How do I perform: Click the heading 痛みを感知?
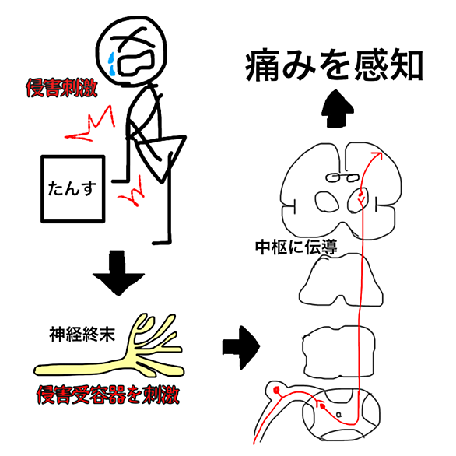click(335, 66)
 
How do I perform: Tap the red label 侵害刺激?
click(61, 88)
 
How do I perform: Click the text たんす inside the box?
click(72, 188)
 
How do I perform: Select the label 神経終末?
click(82, 335)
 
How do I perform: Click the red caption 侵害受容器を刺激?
click(108, 395)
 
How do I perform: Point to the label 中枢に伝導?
click(296, 247)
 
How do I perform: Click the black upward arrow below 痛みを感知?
click(338, 108)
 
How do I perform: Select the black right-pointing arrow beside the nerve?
click(241, 348)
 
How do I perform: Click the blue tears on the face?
click(111, 62)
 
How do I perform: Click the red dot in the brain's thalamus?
click(360, 194)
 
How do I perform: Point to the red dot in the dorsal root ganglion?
click(276, 389)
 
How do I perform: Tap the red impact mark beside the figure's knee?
click(132, 191)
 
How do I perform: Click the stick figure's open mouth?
click(135, 62)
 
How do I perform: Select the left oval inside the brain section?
click(327, 202)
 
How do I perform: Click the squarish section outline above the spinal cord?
click(338, 351)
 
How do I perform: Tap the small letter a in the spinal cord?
click(338, 414)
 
